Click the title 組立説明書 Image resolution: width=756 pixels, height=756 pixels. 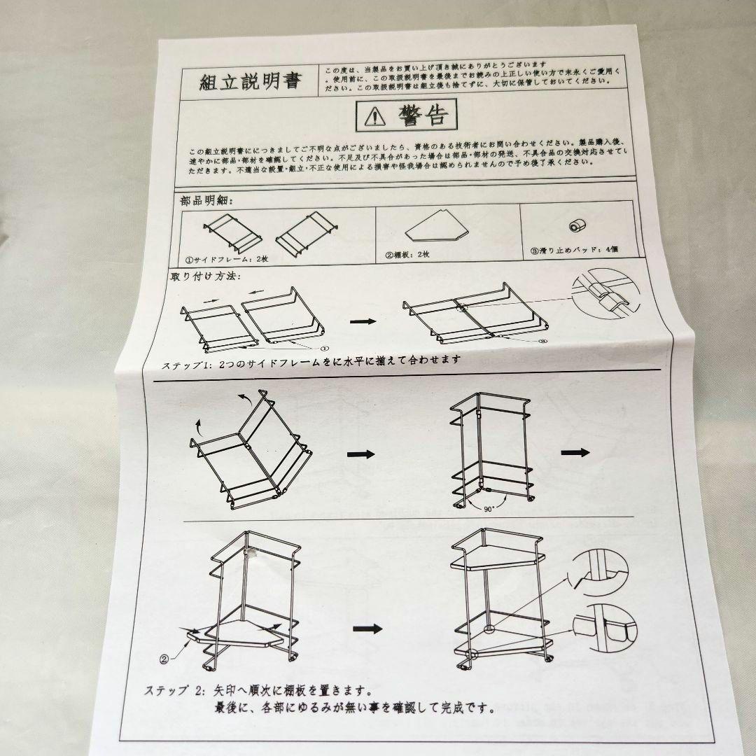(x=250, y=81)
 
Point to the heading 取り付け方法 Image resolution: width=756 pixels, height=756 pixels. (x=205, y=276)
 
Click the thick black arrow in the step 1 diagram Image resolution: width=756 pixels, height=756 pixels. (x=362, y=321)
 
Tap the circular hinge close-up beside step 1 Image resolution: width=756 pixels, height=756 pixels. (x=606, y=297)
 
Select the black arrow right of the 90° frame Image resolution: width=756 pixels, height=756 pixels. (x=576, y=452)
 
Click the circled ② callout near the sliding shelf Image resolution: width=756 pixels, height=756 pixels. (x=164, y=658)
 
